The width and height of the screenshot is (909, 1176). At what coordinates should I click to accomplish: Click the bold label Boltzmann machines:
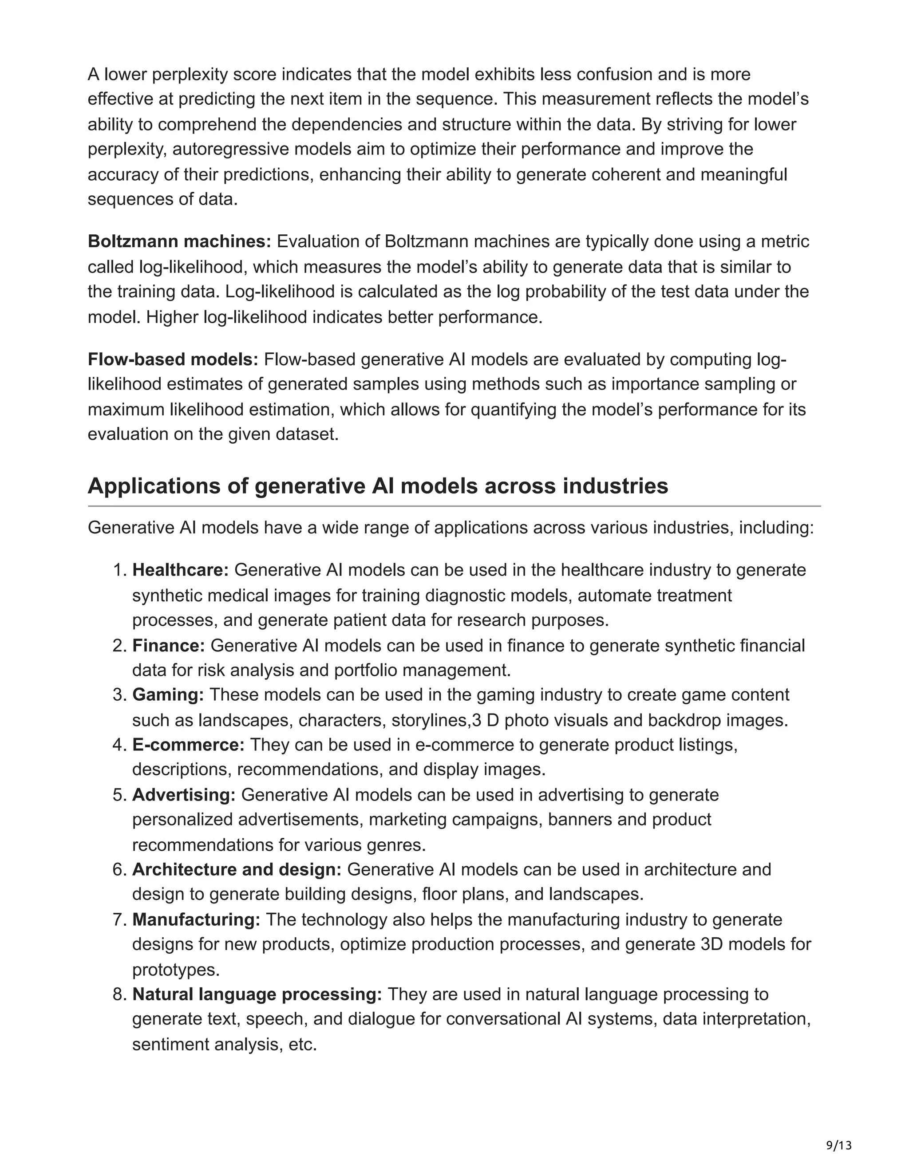click(179, 242)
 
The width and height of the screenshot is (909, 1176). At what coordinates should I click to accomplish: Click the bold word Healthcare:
click(180, 570)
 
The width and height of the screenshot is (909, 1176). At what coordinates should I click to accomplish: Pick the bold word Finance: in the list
click(169, 645)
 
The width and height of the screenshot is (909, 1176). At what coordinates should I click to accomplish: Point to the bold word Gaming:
click(168, 695)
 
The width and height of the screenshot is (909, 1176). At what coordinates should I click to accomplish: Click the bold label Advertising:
click(184, 795)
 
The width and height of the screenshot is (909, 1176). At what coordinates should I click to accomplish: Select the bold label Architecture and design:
click(237, 870)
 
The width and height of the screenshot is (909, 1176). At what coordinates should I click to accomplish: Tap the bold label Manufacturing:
click(197, 919)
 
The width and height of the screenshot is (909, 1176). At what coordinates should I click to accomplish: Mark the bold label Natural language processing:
click(257, 994)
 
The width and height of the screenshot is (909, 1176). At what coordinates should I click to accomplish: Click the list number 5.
click(119, 795)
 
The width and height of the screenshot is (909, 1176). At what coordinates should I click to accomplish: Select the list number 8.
click(119, 994)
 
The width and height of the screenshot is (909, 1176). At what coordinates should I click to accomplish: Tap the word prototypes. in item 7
click(176, 970)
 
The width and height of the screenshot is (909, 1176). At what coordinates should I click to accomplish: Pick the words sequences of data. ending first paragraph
click(162, 199)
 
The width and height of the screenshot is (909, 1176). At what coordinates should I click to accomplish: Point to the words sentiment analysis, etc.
click(224, 1045)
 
